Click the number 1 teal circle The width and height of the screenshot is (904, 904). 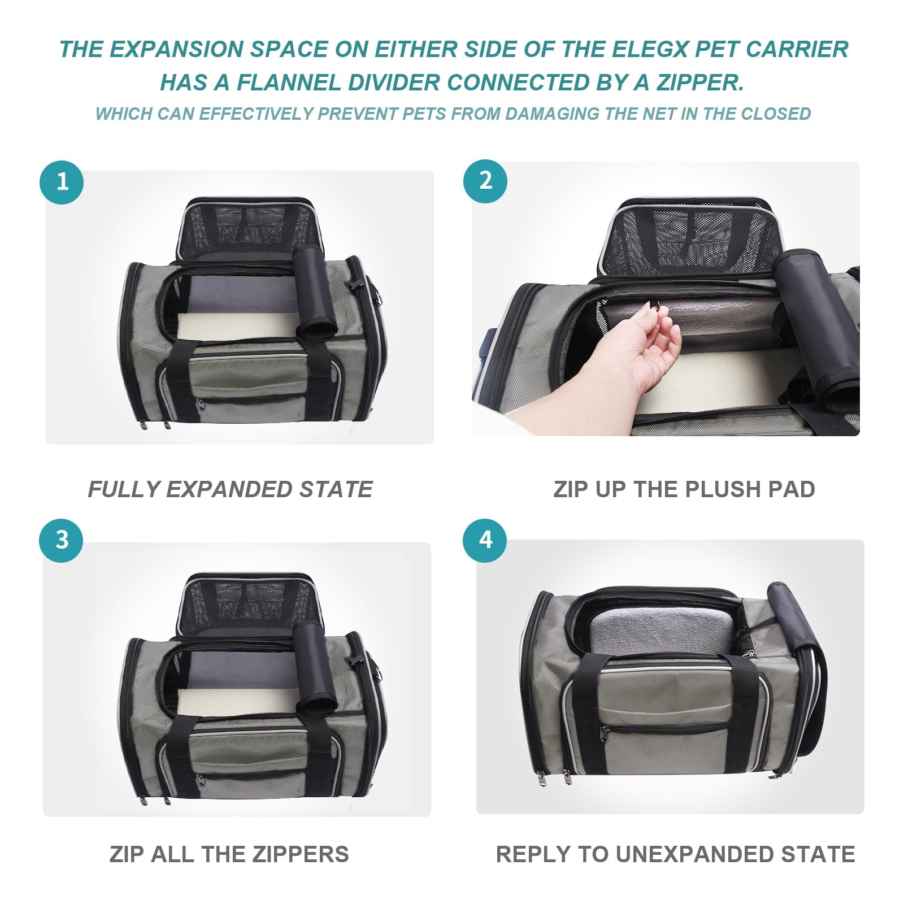(x=62, y=182)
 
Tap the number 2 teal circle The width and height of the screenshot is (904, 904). (x=485, y=181)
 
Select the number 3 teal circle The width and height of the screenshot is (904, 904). (x=61, y=540)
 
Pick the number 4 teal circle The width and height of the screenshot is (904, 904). (x=485, y=540)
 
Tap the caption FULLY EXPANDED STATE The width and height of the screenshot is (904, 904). (x=230, y=489)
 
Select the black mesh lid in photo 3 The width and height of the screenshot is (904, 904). (x=249, y=605)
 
